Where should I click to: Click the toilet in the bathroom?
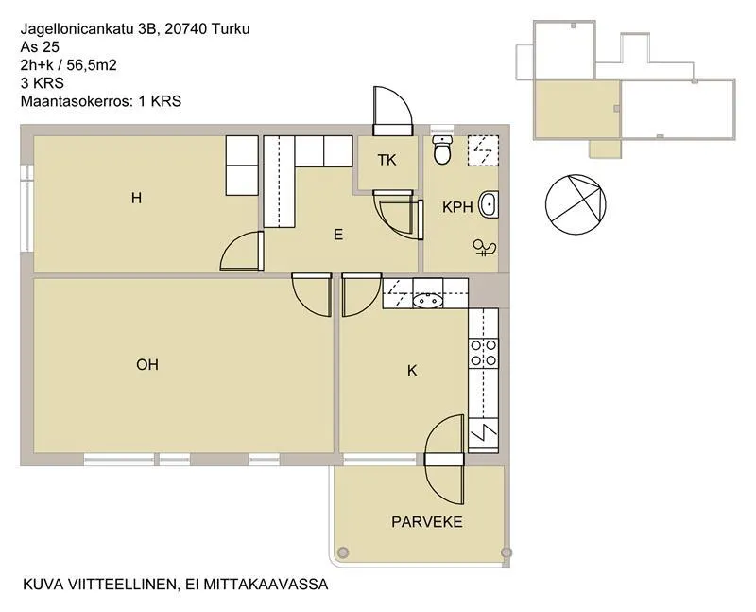coord(441,149)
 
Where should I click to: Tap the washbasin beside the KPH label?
coord(489,204)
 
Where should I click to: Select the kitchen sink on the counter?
coord(428,301)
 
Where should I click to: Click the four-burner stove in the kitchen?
coord(483,353)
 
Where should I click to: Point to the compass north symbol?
coord(576,204)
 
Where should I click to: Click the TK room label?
coord(387,160)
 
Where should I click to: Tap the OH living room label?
coord(147,364)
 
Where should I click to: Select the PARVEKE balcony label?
coord(427,522)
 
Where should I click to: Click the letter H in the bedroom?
coord(136,198)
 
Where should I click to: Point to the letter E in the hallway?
coord(338,235)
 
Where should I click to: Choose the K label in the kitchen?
coord(412,371)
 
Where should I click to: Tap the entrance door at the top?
coord(393,111)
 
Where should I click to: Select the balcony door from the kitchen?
coord(444,460)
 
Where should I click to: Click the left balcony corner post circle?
coord(343,552)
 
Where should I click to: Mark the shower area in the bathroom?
coord(483,151)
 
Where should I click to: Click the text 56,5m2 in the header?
coord(92,65)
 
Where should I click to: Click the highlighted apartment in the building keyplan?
coord(576,109)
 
